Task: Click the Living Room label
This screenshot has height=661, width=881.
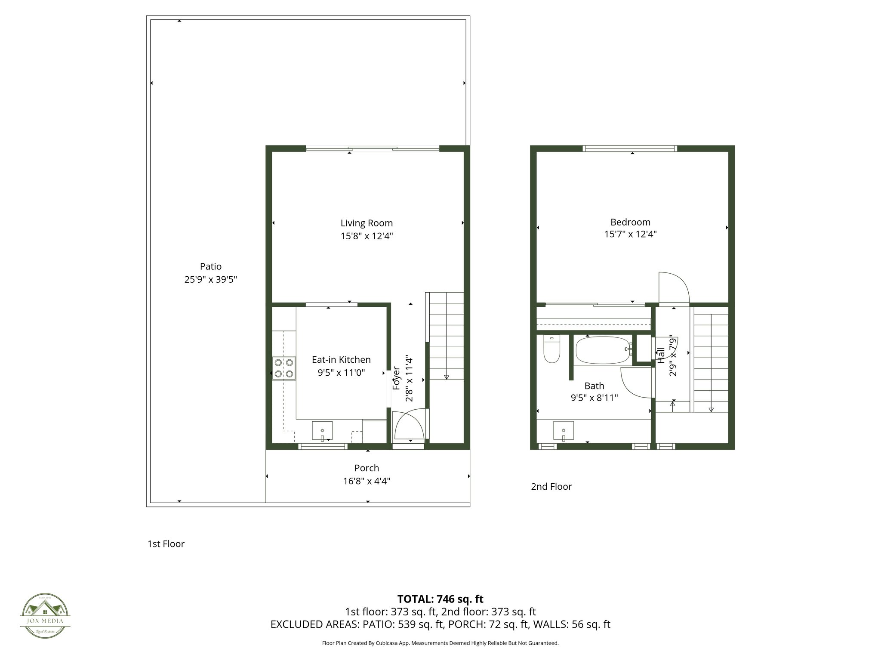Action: point(367,223)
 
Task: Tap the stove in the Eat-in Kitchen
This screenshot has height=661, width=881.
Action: point(284,368)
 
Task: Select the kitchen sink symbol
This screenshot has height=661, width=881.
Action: point(322,431)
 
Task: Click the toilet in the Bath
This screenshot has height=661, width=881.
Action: point(551,350)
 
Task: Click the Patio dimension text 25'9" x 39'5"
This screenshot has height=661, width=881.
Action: point(211,279)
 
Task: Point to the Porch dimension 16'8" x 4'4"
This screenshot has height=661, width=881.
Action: point(367,481)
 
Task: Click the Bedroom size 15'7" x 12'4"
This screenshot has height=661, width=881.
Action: point(630,234)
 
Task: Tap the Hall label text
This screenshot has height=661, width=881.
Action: point(661,356)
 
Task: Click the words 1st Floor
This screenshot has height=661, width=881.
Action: point(166,544)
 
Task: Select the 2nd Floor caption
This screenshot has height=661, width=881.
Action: point(551,486)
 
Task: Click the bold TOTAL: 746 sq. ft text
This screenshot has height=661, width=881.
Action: point(440,599)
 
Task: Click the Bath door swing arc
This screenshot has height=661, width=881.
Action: point(635,383)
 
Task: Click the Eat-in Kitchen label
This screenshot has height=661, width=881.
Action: point(341,359)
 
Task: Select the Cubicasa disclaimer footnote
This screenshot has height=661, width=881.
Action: point(440,643)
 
